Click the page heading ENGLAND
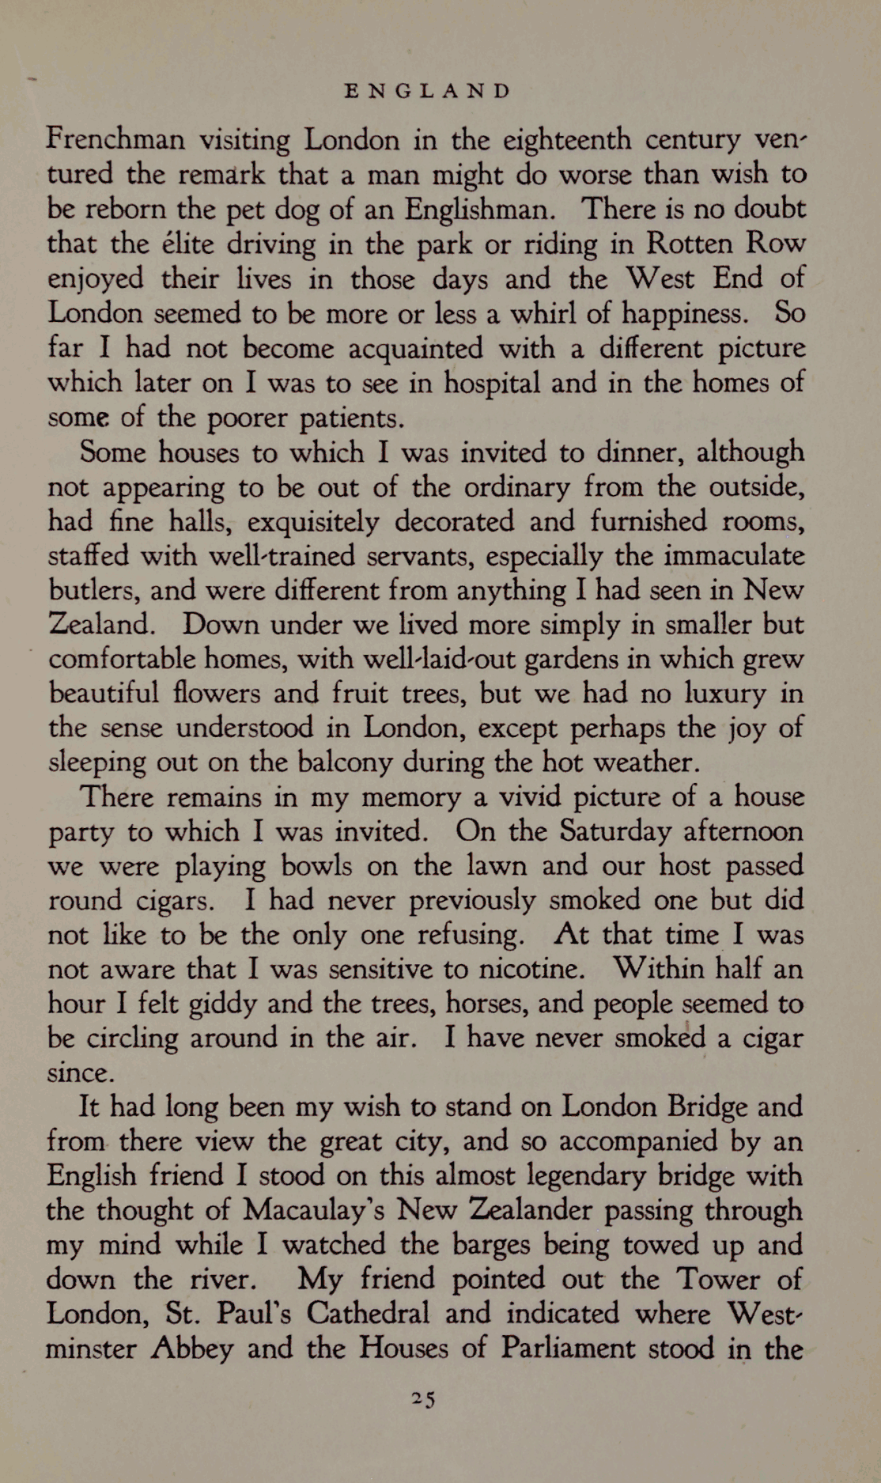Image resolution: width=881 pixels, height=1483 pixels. pos(428,91)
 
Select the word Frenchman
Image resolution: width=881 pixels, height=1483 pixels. pos(115,140)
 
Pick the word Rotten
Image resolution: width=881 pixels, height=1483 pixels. pos(687,244)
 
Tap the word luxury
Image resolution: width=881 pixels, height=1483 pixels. pos(725,694)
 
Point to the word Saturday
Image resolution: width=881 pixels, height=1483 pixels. pos(615,832)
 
